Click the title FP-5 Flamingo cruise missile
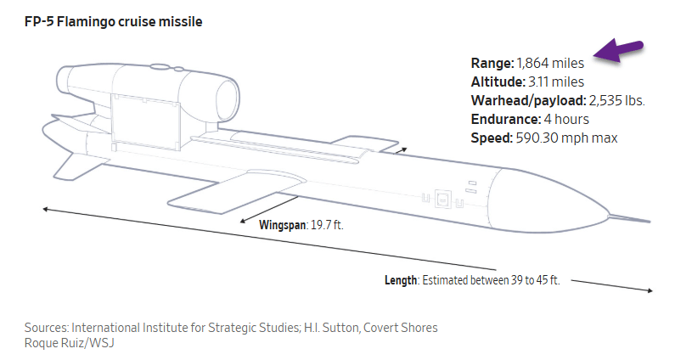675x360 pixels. tap(115, 21)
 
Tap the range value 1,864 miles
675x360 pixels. tap(553, 63)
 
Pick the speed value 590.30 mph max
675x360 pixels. tap(566, 138)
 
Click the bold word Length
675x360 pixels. tap(401, 280)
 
